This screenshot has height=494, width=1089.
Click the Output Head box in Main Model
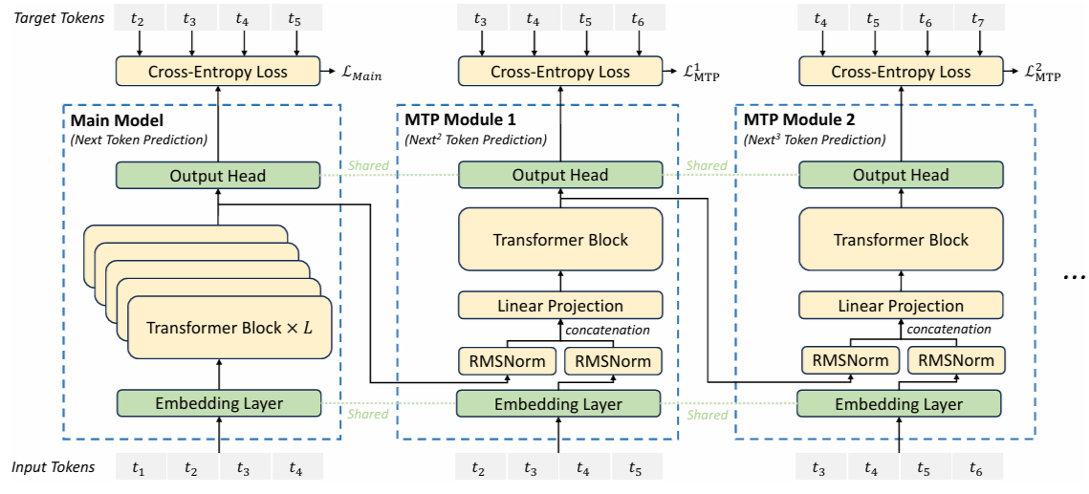click(218, 176)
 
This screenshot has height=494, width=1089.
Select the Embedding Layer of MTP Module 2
click(900, 403)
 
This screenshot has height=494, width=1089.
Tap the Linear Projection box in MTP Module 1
click(559, 305)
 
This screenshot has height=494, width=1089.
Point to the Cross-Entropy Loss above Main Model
click(218, 72)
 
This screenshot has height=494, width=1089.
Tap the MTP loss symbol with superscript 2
click(1043, 72)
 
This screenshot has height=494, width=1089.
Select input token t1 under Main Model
click(141, 470)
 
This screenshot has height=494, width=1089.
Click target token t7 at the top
click(980, 19)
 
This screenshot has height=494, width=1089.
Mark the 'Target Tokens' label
click(58, 19)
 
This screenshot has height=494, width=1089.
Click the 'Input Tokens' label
click(54, 467)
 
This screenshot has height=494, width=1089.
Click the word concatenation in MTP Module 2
click(950, 329)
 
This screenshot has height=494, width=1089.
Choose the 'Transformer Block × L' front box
click(229, 328)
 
